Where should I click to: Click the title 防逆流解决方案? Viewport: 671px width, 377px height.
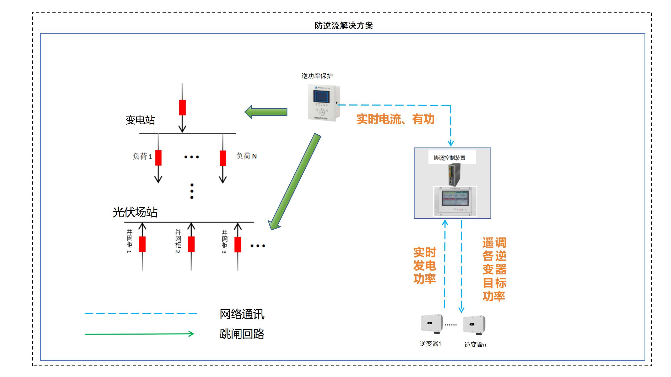tap(343, 26)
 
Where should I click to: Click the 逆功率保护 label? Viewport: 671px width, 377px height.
tap(317, 76)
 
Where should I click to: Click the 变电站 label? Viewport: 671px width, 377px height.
tap(140, 120)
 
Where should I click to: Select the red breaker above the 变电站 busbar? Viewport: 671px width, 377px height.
tap(182, 107)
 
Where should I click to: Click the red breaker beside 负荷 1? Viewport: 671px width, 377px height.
tap(158, 158)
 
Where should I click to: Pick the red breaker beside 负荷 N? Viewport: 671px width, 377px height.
tap(223, 158)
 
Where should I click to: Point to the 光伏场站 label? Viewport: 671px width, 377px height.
tap(135, 212)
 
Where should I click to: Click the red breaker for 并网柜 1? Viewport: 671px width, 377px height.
tap(142, 244)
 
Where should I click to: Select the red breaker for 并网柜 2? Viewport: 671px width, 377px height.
tap(191, 244)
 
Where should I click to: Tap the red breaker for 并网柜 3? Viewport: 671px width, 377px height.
tap(238, 244)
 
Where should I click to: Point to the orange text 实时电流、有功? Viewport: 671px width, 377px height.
tap(395, 119)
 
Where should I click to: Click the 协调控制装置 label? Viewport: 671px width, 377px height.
tap(449, 158)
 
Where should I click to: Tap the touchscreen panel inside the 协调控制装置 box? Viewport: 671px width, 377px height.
tap(455, 198)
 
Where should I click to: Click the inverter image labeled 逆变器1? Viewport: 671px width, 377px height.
tap(432, 324)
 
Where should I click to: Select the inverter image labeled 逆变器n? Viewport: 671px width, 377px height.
tap(474, 325)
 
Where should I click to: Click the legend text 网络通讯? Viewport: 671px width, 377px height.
tap(242, 314)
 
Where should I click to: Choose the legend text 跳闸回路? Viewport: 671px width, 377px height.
tap(242, 334)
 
